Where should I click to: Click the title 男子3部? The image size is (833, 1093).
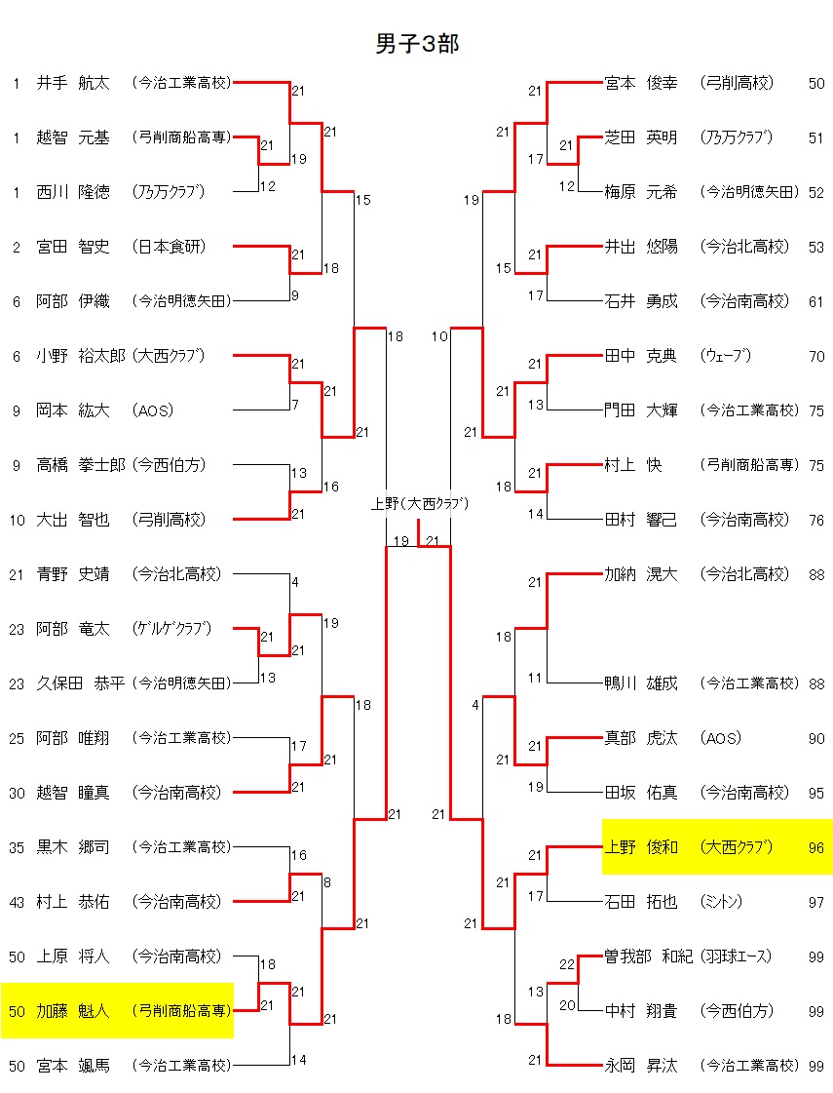tap(417, 44)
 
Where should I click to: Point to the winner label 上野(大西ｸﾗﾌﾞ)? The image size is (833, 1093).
tap(420, 504)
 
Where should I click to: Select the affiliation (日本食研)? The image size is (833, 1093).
tap(170, 247)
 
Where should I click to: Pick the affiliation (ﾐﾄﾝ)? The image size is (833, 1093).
tap(722, 902)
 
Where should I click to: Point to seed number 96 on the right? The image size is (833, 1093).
tap(816, 847)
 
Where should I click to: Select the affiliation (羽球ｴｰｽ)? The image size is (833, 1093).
tap(747, 956)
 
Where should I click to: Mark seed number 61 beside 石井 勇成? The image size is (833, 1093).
tap(816, 302)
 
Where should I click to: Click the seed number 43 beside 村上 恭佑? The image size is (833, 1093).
tap(17, 903)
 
